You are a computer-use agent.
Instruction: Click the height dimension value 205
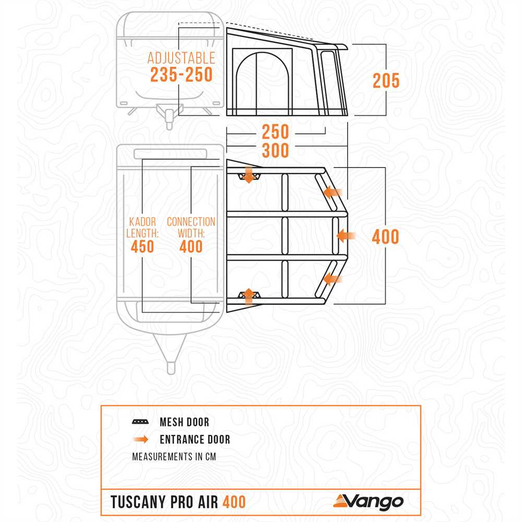coord(386,81)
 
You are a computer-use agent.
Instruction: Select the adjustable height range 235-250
coord(181,75)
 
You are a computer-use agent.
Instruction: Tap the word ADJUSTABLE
coord(181,57)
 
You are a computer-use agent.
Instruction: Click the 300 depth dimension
coord(275,150)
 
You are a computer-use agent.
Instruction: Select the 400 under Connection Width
coord(191,246)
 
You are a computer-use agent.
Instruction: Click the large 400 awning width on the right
coord(385,237)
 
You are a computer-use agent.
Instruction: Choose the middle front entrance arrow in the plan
coord(345,235)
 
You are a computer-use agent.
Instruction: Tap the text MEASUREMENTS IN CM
coord(174,457)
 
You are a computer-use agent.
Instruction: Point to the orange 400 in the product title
coord(234,502)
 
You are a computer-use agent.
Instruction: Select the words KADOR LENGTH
coord(140,228)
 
